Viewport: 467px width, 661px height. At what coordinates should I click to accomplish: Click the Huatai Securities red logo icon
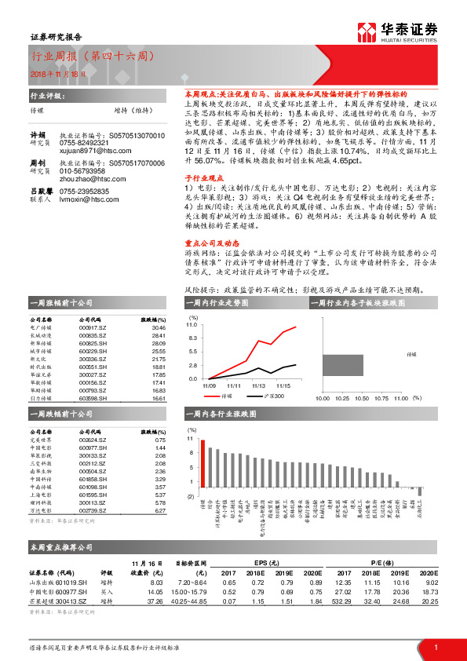[x=367, y=31]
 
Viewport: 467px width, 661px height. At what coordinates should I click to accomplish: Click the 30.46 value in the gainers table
[x=159, y=327]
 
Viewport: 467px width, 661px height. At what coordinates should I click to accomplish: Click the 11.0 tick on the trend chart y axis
[x=192, y=324]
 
